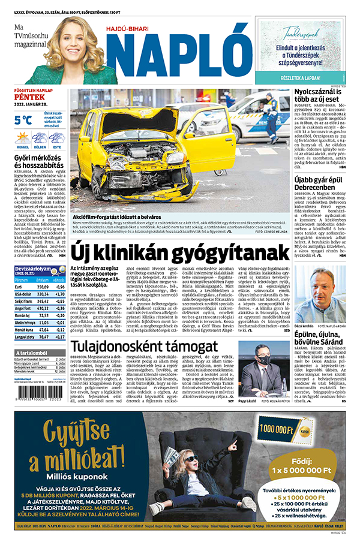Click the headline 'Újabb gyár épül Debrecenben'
click(319, 183)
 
